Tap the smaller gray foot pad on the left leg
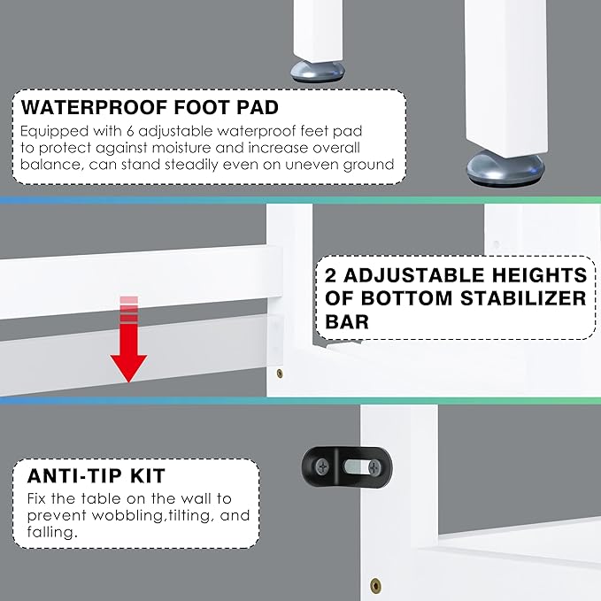(314, 70)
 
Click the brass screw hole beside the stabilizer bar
(281, 374)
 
